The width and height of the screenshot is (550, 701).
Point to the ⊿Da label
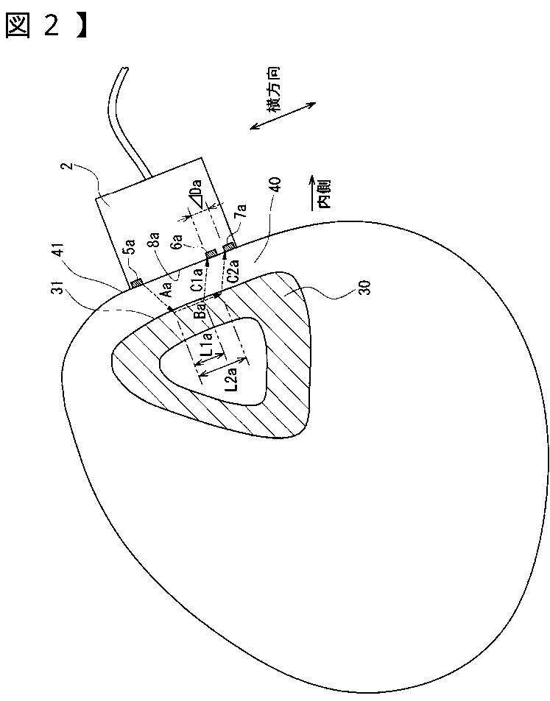(x=194, y=196)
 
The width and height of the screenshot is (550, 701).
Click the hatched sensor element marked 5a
(x=136, y=282)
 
